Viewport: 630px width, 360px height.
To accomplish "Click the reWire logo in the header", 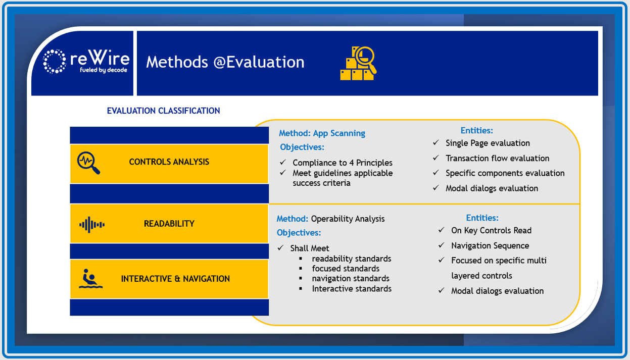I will (85, 62).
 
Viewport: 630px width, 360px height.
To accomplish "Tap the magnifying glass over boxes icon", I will (358, 64).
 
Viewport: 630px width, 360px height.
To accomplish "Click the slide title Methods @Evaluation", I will (225, 62).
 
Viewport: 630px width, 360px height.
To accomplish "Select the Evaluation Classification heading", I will (163, 111).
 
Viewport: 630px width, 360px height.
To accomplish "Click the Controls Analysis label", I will (169, 162).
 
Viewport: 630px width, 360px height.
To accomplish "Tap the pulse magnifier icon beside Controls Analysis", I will (88, 163).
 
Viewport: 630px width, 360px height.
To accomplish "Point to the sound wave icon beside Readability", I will (92, 224).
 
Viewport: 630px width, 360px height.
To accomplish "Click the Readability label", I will (169, 224).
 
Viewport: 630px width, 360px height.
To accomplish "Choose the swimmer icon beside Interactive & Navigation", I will (91, 279).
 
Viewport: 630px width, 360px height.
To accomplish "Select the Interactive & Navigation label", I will (175, 279).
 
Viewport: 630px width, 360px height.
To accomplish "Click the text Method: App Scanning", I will (322, 133).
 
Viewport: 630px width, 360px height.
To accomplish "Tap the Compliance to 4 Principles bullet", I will (342, 163).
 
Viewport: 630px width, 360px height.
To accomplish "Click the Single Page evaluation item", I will (488, 143).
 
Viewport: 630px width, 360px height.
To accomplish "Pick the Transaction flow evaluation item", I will (497, 158).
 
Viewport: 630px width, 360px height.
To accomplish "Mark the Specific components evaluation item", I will (505, 173).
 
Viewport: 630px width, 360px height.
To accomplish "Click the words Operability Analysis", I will (348, 219).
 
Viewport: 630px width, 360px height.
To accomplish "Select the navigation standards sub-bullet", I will (351, 278).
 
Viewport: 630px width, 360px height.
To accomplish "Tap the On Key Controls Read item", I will (491, 230).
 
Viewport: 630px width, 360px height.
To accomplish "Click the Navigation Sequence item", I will (490, 246).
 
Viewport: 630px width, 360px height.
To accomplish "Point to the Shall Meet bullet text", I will (310, 248).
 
